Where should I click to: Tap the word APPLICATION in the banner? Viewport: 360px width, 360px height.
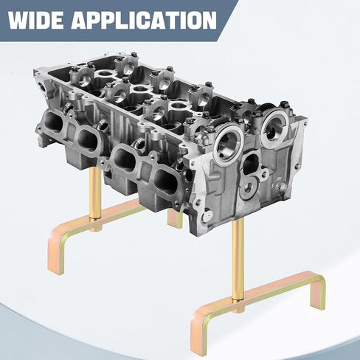pyautogui.click(x=145, y=21)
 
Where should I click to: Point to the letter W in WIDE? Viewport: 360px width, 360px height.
pyautogui.click(x=18, y=21)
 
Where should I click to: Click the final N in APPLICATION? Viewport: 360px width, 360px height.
pyautogui.click(x=209, y=21)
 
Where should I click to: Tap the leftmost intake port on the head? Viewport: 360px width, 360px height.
pyautogui.click(x=54, y=122)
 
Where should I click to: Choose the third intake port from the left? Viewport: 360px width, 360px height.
pyautogui.click(x=125, y=160)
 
